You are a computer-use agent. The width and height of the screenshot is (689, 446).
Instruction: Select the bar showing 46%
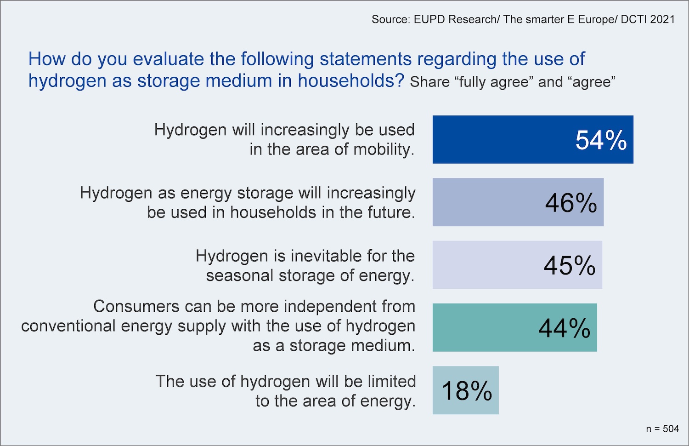[487, 202]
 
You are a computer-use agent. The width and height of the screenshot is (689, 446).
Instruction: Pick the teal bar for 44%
[482, 327]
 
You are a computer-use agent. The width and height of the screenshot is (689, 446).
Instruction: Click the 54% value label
[601, 140]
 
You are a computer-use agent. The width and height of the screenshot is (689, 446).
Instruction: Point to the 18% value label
[467, 391]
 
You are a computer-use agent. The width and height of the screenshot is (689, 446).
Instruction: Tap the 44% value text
[564, 328]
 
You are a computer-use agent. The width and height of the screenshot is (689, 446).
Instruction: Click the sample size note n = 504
[662, 429]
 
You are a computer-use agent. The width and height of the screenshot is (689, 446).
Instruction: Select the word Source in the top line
[390, 19]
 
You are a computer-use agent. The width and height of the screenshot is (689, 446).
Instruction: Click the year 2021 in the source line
[662, 19]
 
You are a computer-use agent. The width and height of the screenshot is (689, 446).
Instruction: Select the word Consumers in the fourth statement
[136, 306]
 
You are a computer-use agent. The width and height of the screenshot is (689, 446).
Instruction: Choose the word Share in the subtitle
[429, 82]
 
